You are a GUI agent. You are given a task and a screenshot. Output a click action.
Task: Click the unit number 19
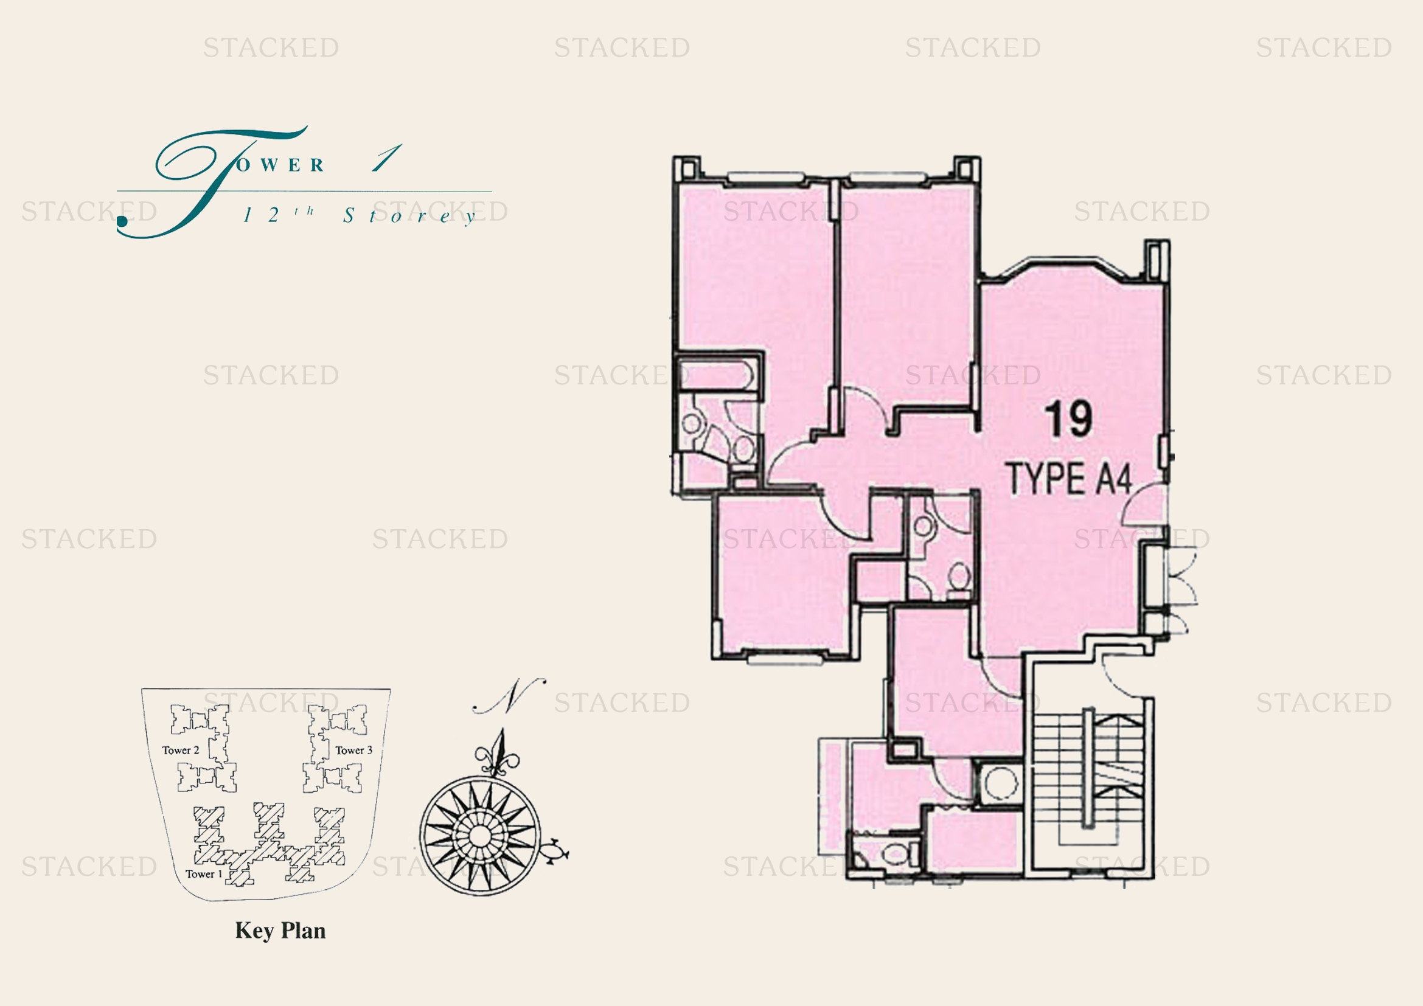[x=1069, y=420]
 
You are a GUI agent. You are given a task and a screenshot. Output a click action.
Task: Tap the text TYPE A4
[x=1070, y=478]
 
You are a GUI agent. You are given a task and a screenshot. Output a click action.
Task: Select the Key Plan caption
[x=280, y=931]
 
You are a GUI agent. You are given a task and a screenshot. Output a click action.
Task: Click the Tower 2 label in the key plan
[x=180, y=750]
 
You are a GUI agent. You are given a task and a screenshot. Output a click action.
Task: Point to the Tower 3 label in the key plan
[x=354, y=750]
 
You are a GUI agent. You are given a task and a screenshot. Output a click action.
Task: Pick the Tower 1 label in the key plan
[x=203, y=874]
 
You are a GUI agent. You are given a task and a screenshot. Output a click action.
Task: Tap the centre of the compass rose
[x=479, y=836]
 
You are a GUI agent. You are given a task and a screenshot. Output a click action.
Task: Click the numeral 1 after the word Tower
[x=386, y=159]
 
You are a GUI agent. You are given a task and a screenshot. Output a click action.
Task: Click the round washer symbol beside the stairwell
[x=998, y=783]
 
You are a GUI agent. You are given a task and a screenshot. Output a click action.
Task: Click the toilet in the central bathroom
[x=959, y=577]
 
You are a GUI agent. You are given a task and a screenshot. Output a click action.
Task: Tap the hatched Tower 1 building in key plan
[x=270, y=842]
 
